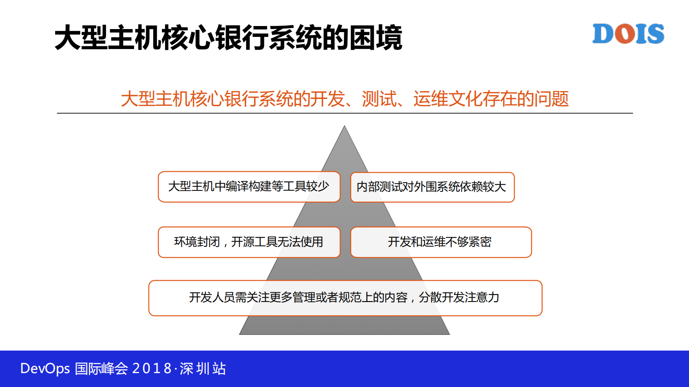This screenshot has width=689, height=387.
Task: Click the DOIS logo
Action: (628, 34)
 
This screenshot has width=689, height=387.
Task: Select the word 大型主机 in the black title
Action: (108, 38)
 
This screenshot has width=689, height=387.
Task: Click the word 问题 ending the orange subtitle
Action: (551, 99)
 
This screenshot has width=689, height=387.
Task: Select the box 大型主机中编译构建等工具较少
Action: (249, 187)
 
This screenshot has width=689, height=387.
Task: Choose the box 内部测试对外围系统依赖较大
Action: (432, 187)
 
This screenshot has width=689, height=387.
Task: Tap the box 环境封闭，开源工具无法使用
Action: (249, 242)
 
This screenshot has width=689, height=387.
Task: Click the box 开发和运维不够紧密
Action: (441, 242)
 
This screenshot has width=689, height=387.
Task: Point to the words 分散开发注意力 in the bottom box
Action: (459, 298)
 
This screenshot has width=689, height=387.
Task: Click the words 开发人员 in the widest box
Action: (212, 298)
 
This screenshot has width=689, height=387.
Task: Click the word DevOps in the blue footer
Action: (45, 369)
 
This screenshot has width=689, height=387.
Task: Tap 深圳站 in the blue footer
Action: (203, 369)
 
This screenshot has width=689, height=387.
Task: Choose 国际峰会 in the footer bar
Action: (101, 369)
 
